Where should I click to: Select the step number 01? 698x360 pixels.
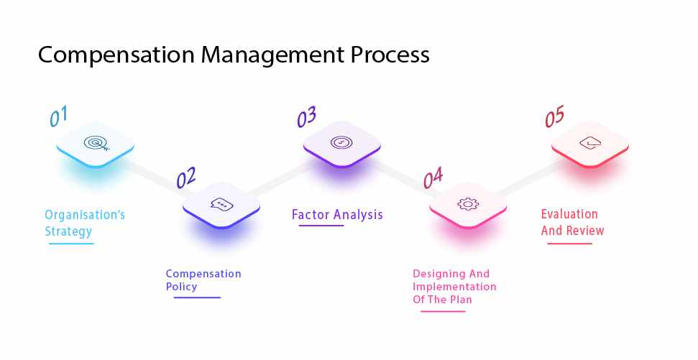click(x=58, y=116)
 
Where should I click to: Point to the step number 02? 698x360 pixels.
click(x=185, y=177)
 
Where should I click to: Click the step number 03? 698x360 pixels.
click(x=307, y=116)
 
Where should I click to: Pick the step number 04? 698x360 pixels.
click(x=433, y=177)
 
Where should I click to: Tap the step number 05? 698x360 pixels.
click(x=554, y=116)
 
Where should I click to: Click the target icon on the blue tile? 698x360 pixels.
click(x=95, y=143)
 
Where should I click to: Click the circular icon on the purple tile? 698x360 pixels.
click(x=341, y=142)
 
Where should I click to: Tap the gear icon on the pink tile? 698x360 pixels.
click(x=467, y=204)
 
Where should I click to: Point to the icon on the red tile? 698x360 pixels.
click(x=589, y=143)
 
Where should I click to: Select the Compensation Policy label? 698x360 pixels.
click(x=203, y=280)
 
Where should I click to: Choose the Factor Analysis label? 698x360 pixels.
click(x=337, y=214)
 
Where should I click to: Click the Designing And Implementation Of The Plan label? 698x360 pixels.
click(x=454, y=287)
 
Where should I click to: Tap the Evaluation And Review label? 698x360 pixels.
click(x=572, y=222)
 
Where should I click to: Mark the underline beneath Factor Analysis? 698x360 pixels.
click(x=321, y=226)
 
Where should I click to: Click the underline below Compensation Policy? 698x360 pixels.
click(x=197, y=297)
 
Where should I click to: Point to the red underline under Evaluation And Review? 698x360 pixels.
click(x=570, y=243)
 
